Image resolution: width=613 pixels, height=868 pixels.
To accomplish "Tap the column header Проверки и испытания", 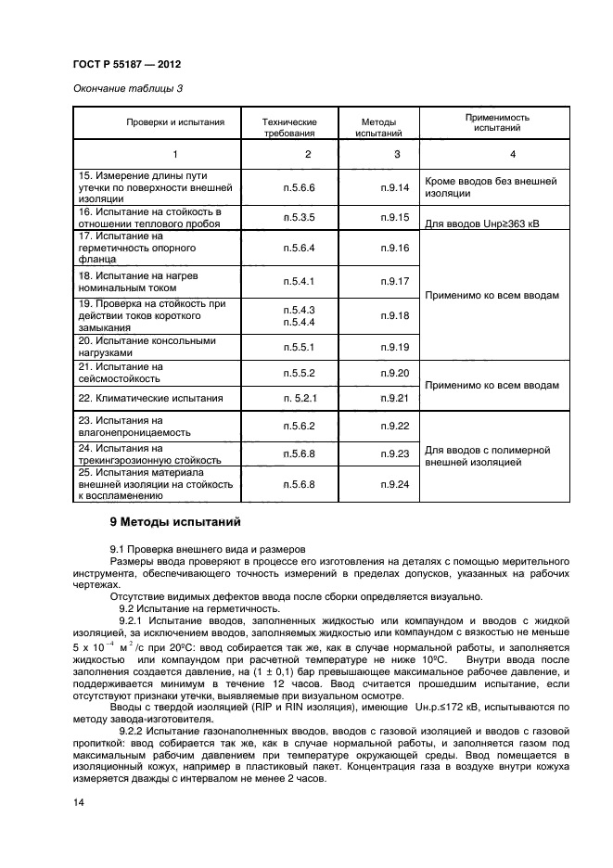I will (x=175, y=122).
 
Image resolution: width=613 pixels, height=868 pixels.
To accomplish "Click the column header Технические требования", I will (x=289, y=127).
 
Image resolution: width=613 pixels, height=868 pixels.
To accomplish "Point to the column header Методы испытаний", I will (x=378, y=127).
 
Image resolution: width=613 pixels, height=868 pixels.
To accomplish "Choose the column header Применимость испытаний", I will (x=491, y=122).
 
